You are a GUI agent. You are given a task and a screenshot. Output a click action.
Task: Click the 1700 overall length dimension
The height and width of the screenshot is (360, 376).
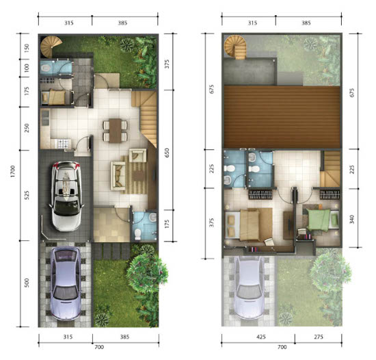click(x=13, y=171)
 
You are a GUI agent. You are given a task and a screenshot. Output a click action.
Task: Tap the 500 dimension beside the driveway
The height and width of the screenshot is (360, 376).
click(x=27, y=283)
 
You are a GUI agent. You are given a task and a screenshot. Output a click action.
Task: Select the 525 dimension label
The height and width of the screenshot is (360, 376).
click(x=27, y=195)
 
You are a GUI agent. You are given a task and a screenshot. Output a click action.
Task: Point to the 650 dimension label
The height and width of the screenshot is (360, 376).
click(x=167, y=153)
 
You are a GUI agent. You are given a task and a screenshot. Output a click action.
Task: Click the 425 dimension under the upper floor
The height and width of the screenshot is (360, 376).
click(x=261, y=337)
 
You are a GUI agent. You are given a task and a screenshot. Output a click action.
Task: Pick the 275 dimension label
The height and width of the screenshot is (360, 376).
click(x=319, y=337)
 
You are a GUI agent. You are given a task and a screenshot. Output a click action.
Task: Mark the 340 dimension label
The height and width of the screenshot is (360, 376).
click(x=352, y=220)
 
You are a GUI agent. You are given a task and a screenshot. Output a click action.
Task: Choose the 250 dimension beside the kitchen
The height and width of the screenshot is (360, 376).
click(x=27, y=128)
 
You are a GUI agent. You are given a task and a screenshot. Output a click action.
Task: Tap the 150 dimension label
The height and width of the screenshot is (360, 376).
click(x=27, y=48)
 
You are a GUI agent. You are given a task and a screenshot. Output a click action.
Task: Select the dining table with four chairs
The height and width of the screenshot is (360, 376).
click(x=115, y=131)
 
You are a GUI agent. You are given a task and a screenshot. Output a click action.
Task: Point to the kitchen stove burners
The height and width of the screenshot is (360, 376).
click(x=64, y=144)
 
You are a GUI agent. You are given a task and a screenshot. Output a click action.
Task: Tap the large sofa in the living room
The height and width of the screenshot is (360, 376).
click(x=118, y=176)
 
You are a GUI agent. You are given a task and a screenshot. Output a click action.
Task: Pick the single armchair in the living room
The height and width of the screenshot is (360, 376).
click(x=137, y=155)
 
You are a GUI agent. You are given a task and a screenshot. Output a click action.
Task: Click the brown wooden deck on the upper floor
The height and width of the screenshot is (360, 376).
click(x=282, y=117)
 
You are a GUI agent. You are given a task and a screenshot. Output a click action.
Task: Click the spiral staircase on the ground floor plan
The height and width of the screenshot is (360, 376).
click(x=51, y=47)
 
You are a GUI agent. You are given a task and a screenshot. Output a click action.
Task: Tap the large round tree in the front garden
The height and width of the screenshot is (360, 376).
click(x=147, y=273)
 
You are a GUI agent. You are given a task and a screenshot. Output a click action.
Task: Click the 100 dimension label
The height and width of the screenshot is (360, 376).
click(x=27, y=68)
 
